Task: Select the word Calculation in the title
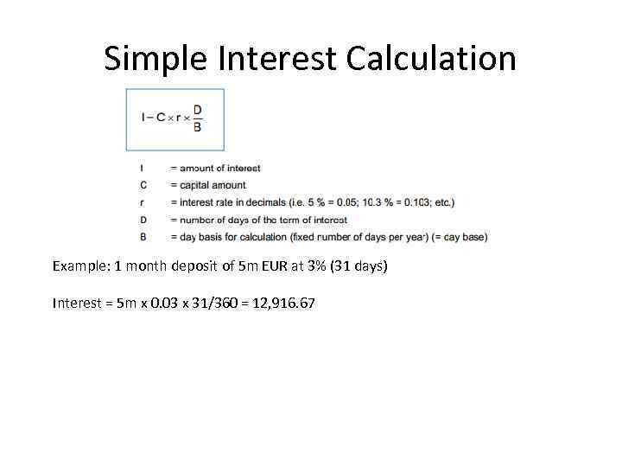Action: click(431, 59)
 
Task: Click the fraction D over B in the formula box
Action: click(197, 118)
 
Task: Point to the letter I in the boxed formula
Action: click(143, 118)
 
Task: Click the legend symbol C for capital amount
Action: click(143, 185)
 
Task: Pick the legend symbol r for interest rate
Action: click(143, 202)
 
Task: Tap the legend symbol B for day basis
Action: click(143, 236)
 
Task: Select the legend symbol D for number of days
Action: click(143, 220)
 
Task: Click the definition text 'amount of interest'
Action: click(219, 168)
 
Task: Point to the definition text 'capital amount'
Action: click(213, 185)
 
